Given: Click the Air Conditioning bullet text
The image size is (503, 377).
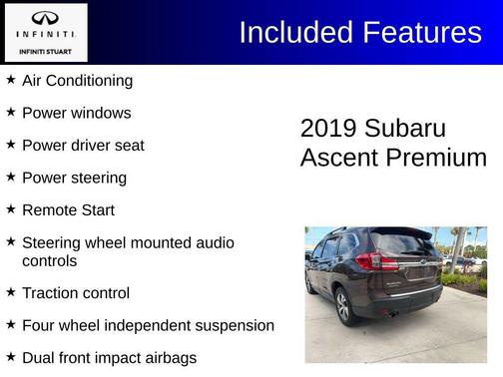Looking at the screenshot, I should [x=77, y=81].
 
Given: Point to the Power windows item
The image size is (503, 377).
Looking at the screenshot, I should [x=76, y=113].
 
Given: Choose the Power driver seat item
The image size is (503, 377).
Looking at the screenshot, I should [x=83, y=146].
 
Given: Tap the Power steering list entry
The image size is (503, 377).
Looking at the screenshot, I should [x=74, y=178].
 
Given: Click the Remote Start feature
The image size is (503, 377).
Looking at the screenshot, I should [x=68, y=210].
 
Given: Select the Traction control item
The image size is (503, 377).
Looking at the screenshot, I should [x=76, y=293].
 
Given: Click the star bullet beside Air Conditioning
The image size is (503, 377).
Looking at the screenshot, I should [x=10, y=80].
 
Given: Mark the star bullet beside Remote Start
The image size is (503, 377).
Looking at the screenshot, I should [x=10, y=209].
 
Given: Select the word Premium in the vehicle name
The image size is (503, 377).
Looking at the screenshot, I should [x=439, y=158].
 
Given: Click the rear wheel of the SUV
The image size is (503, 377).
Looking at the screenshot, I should [x=343, y=305].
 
